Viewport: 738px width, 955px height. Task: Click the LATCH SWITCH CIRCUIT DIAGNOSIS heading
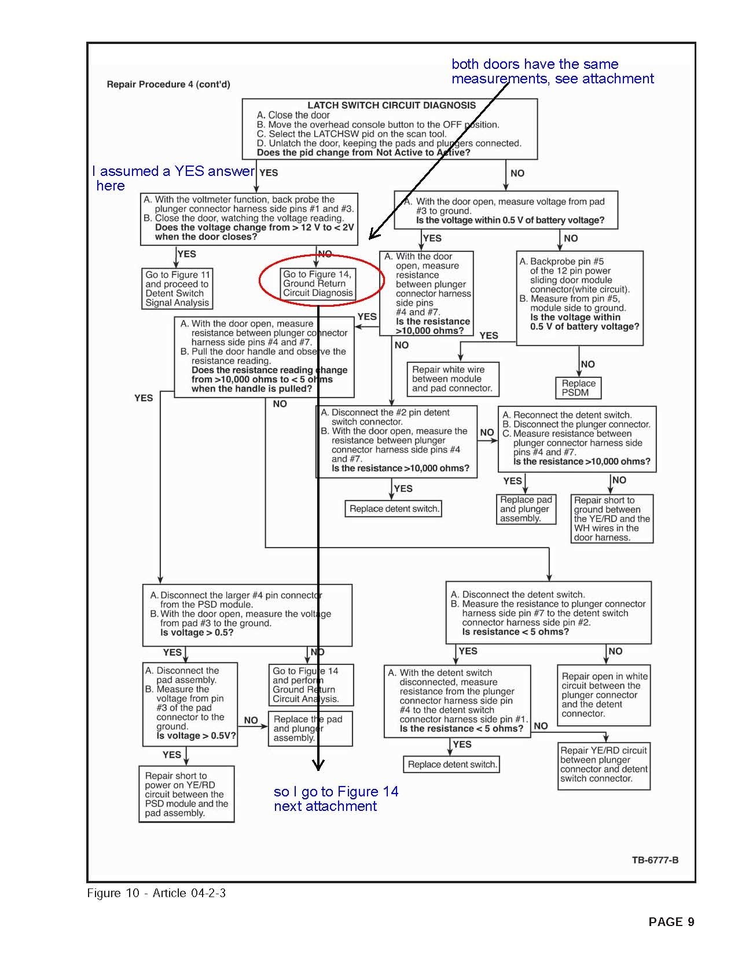[x=391, y=105]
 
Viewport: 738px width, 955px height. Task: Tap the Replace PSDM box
[x=578, y=388]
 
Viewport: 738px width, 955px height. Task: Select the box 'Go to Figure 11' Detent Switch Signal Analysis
[x=177, y=288]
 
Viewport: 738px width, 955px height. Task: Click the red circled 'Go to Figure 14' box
[x=318, y=284]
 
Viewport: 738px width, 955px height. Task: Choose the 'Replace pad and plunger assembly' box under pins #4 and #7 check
[x=526, y=509]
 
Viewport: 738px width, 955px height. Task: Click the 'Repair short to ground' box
[x=612, y=519]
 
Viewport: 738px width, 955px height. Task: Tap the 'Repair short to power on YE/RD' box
[x=186, y=794]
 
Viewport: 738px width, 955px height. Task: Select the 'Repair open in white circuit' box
[x=604, y=695]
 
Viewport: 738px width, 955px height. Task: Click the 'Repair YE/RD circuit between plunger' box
[x=604, y=764]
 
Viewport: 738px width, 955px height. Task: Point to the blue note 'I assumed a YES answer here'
[x=172, y=178]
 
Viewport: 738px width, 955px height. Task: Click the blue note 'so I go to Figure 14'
[x=336, y=799]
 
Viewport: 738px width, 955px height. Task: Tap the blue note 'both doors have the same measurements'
[x=552, y=71]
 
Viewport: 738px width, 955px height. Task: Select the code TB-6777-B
[x=655, y=859]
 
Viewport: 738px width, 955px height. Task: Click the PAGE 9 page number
[x=671, y=922]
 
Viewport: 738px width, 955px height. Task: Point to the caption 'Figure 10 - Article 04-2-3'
[x=156, y=893]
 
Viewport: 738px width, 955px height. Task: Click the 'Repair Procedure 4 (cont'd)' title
[x=168, y=85]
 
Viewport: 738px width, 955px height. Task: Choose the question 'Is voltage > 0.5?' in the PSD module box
[x=197, y=633]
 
